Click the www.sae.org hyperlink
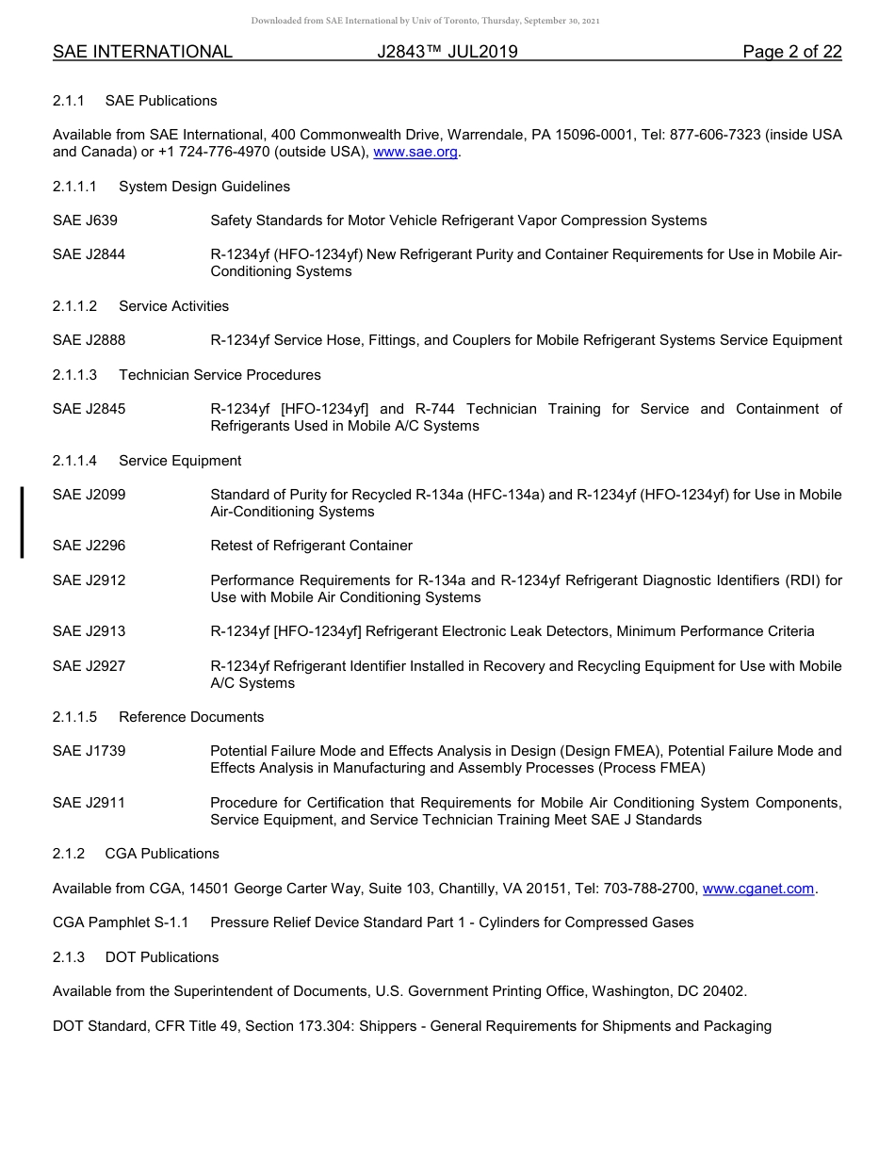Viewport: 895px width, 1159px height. click(x=415, y=152)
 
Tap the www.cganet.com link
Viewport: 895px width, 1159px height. click(x=757, y=889)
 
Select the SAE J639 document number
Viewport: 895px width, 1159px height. click(x=85, y=220)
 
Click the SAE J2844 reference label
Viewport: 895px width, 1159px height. click(x=89, y=254)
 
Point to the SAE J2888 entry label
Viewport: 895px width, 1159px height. click(x=89, y=340)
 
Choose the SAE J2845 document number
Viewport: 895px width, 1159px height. click(x=89, y=409)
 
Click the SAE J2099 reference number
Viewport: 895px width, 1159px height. click(x=89, y=495)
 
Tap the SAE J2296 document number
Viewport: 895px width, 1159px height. click(x=89, y=546)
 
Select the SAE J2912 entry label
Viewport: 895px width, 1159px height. click(x=89, y=580)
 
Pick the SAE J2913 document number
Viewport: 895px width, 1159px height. click(x=89, y=631)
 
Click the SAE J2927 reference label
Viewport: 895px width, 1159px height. click(x=89, y=666)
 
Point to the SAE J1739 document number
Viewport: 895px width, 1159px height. click(x=89, y=751)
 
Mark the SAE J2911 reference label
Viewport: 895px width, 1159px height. click(x=89, y=803)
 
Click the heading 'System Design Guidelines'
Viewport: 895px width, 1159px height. click(x=204, y=187)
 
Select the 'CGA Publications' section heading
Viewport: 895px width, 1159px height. click(x=162, y=854)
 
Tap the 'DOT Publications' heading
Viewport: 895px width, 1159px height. click(x=162, y=957)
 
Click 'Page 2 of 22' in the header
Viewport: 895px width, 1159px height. click(x=791, y=52)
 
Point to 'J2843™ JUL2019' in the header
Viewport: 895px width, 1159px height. click(x=447, y=52)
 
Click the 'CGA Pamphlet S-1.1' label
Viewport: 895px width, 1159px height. click(x=121, y=922)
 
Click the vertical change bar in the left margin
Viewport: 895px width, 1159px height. click(x=22, y=521)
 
